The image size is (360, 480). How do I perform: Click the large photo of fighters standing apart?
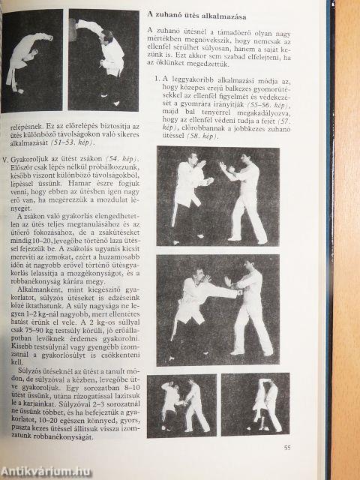[217, 196]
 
